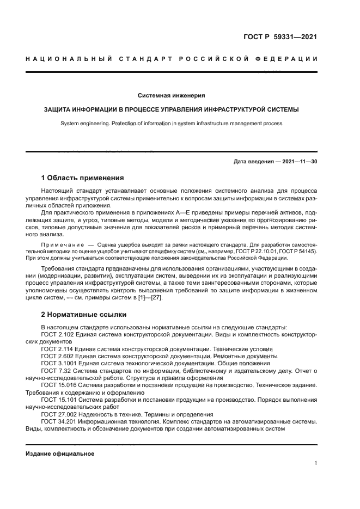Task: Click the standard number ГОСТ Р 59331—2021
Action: [x=280, y=38]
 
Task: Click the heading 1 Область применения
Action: [x=83, y=177]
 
